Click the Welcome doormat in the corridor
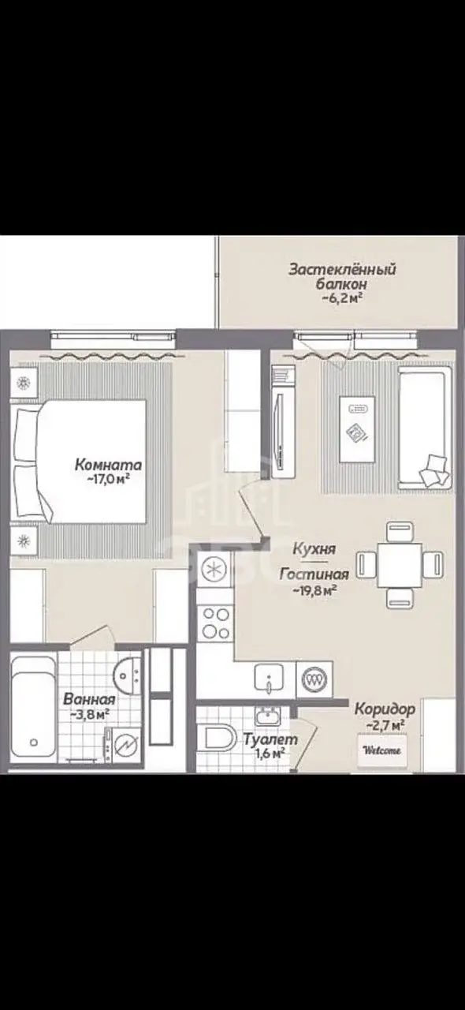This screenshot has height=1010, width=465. click(x=382, y=750)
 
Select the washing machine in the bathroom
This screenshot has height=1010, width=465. click(x=123, y=746)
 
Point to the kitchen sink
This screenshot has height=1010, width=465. click(x=269, y=677)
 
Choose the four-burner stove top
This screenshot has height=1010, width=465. click(x=215, y=623)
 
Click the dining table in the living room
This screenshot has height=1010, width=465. click(x=400, y=565)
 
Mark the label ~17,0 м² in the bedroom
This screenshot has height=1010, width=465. click(x=108, y=479)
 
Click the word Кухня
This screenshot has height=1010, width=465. click(x=314, y=549)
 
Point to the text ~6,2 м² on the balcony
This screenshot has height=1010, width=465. click(x=342, y=298)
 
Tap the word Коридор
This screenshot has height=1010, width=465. click(x=385, y=709)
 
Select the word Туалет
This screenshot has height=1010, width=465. click(x=270, y=739)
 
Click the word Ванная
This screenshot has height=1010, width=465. click(x=89, y=699)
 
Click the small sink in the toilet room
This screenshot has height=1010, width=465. click(x=268, y=715)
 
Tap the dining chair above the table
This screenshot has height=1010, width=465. click(x=400, y=531)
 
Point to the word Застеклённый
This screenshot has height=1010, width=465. click(x=342, y=270)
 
